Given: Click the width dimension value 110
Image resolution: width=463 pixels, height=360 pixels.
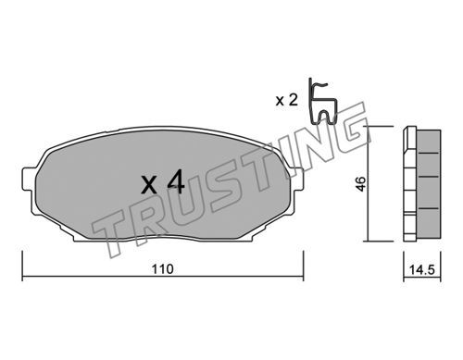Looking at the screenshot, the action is coord(163,269).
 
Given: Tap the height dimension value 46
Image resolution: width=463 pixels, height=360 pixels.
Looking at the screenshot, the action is coord(361,184).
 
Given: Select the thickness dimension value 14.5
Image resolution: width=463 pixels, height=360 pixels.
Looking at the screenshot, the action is coord(422,270).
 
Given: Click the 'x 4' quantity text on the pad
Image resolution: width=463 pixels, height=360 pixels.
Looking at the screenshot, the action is coord(163,182).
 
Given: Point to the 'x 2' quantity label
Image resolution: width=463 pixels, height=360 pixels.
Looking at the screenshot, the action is coord(287,100).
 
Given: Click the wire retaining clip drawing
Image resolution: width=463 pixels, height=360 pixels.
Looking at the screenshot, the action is coord(322,102).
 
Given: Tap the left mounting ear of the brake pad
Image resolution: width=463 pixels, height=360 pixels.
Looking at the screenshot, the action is coord(29,180).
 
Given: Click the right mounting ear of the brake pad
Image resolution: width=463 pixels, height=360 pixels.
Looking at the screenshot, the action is coord(298,180).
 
